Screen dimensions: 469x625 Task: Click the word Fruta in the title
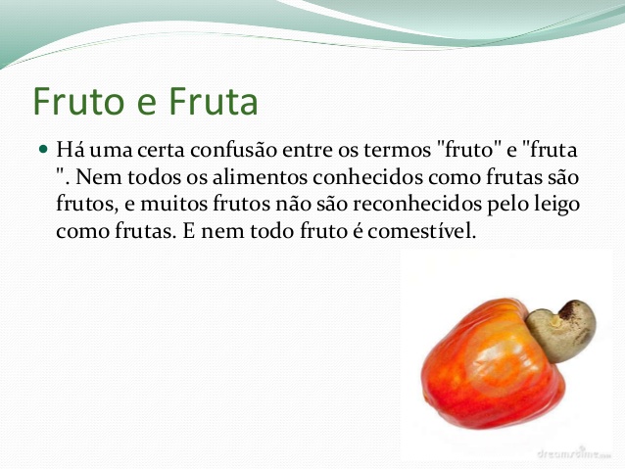point(211,101)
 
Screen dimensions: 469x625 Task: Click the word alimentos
point(245,179)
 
